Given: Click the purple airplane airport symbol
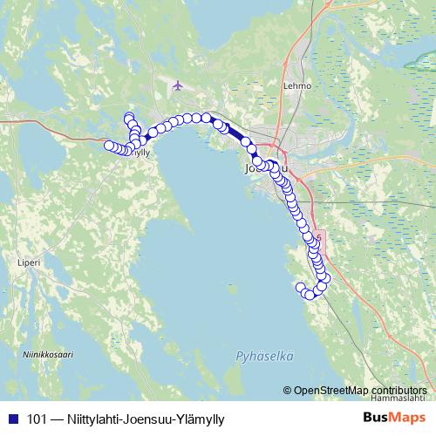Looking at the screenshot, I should (179, 85).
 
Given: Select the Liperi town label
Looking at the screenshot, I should (29, 261).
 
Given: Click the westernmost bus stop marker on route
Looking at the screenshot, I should (109, 146).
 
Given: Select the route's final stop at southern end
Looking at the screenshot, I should (301, 287).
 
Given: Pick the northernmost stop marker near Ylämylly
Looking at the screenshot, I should (129, 118).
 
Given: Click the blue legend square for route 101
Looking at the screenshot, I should (12, 419).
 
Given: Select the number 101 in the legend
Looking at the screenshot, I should (37, 419).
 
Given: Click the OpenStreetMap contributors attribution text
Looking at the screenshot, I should (360, 391).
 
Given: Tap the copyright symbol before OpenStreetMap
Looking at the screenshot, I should (287, 391).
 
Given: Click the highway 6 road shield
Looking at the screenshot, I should (319, 237).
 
